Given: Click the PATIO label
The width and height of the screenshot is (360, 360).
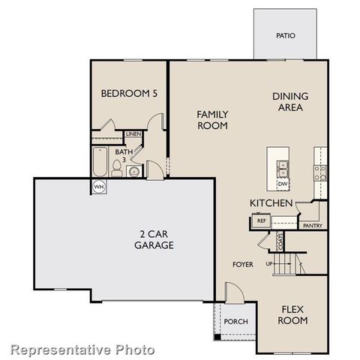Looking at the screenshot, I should (285, 35).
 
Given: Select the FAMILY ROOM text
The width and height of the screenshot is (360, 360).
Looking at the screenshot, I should (212, 120).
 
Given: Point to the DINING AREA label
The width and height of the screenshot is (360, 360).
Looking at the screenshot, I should (290, 101).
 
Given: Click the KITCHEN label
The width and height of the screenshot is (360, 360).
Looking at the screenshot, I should (271, 203).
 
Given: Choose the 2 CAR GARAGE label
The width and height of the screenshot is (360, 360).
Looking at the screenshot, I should (154, 239).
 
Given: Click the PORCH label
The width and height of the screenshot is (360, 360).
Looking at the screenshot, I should (231, 322).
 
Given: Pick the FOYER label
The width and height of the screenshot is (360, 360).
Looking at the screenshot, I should (243, 265).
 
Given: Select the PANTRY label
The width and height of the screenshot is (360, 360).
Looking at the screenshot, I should (312, 225).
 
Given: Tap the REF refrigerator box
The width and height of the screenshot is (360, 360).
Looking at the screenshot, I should (261, 220).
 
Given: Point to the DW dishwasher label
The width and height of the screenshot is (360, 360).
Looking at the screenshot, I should (283, 184).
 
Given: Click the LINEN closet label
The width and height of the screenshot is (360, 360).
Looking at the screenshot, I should (133, 134).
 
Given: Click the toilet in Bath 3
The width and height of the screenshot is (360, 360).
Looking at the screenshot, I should (117, 166).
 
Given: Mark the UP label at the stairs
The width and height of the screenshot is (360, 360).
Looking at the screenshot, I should (268, 263).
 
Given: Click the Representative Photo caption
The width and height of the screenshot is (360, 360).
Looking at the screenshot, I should (82, 349).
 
